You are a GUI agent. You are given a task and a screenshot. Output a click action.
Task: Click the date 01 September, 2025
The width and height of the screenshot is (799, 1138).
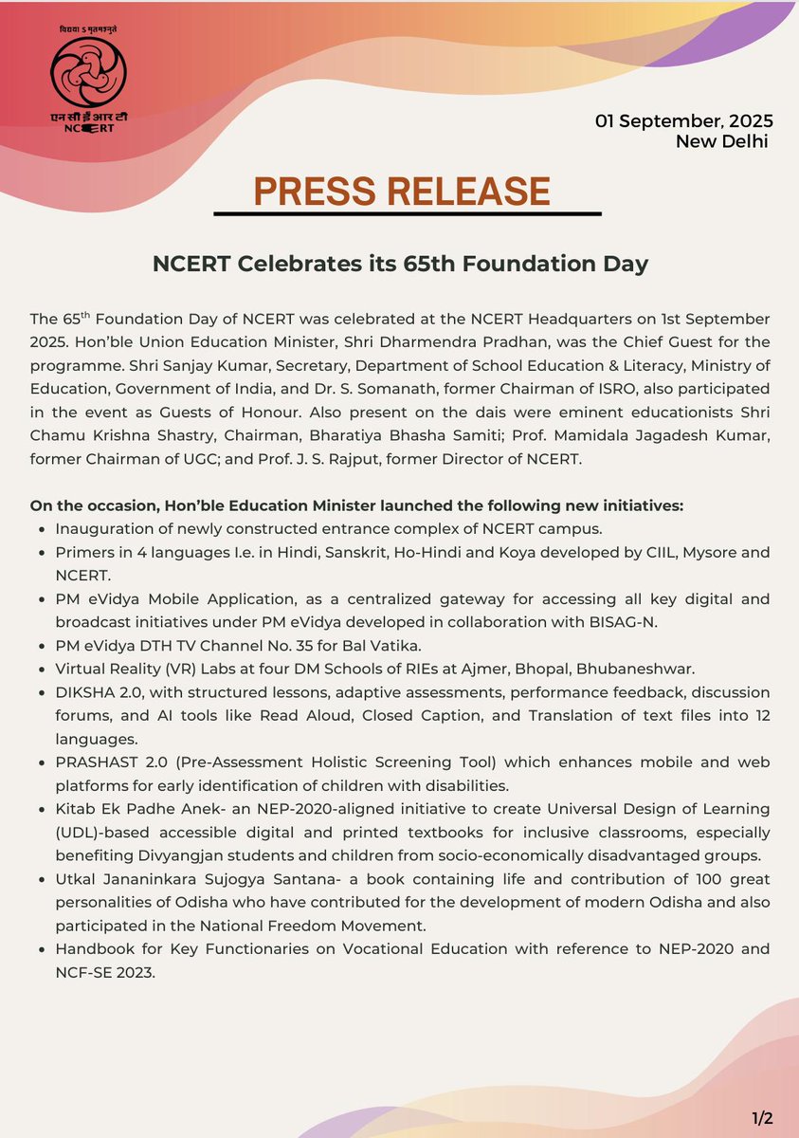click(683, 121)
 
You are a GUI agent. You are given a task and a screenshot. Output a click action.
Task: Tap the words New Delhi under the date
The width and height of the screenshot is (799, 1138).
click(721, 141)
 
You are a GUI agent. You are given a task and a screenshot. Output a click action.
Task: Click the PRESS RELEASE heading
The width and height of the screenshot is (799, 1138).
click(401, 192)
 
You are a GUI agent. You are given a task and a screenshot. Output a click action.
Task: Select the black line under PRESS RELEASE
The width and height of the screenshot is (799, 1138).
click(408, 214)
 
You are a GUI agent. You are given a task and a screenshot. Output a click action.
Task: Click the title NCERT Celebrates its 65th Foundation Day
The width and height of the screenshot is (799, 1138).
click(400, 264)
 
